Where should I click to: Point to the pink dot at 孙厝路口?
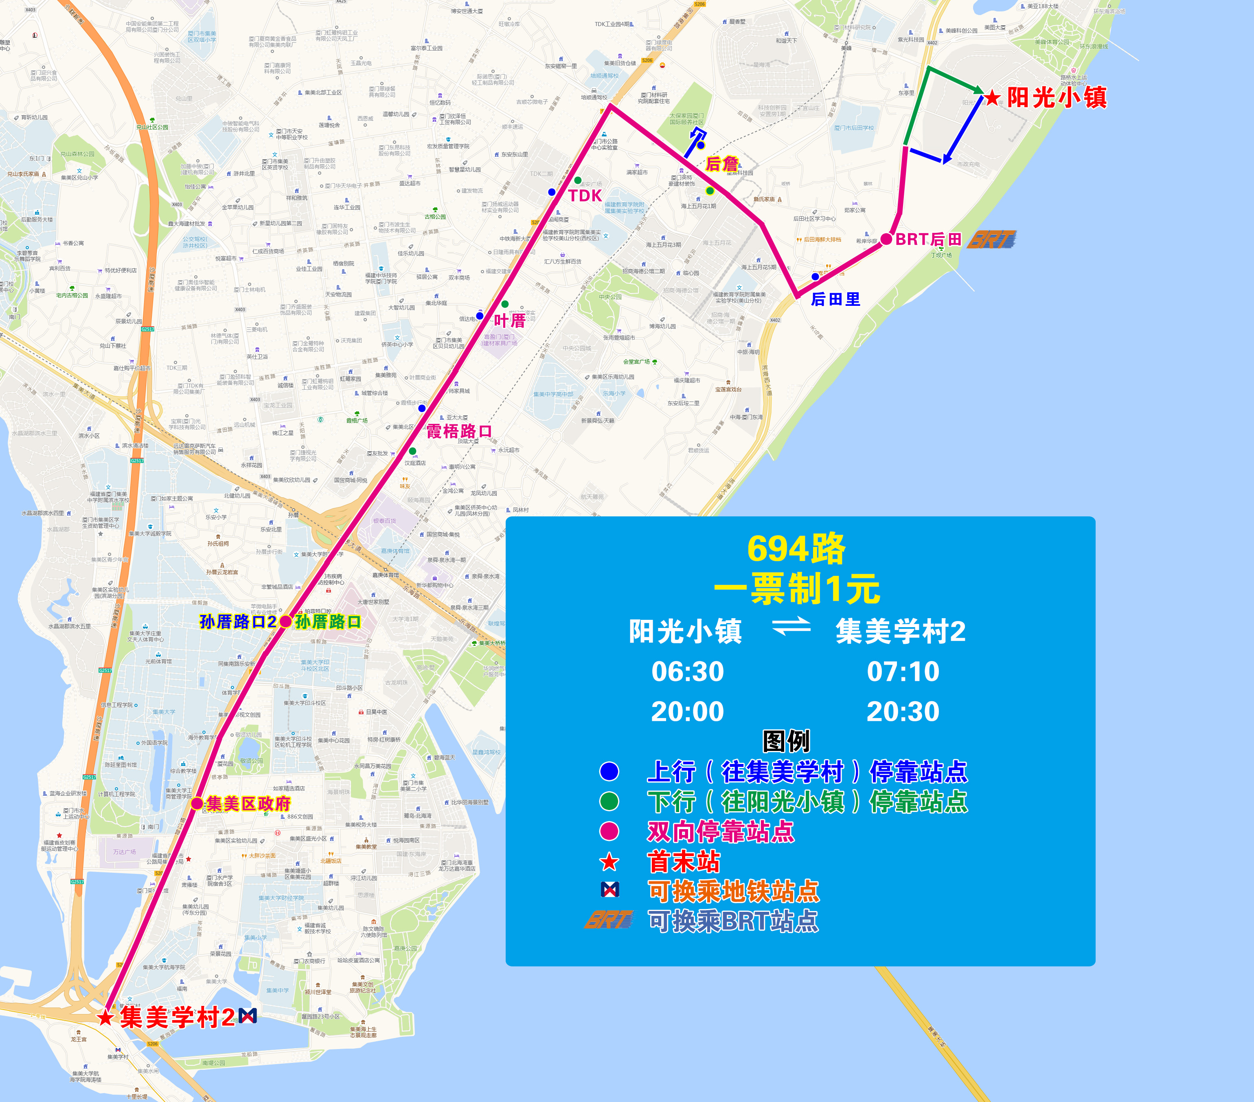point(285,621)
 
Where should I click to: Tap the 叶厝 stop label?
point(509,320)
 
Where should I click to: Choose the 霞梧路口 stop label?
point(459,431)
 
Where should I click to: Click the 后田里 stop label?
point(835,299)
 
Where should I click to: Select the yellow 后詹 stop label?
point(722,164)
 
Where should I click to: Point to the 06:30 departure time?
point(688,671)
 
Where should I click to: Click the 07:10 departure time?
point(903,671)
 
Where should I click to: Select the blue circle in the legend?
point(609,771)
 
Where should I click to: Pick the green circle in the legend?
point(609,801)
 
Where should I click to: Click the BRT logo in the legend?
point(609,920)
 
